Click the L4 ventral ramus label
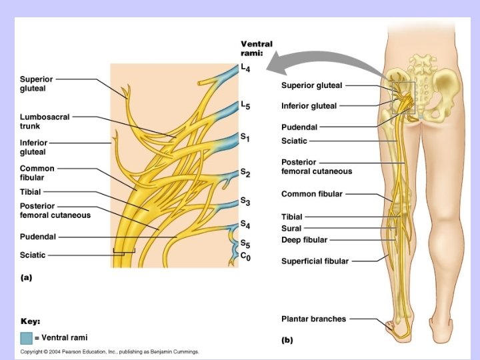click(245, 69)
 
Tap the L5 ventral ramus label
click(245, 106)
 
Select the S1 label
click(245, 137)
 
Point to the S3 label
click(245, 201)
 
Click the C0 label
click(245, 256)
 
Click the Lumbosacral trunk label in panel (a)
click(44, 121)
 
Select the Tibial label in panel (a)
click(31, 192)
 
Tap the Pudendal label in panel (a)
click(38, 236)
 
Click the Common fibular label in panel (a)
click(37, 173)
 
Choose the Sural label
click(291, 228)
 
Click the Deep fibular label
click(304, 240)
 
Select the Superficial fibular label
click(315, 261)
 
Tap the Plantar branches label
click(313, 319)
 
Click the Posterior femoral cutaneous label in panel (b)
click(316, 167)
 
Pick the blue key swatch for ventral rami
click(26, 337)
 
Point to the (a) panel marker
click(26, 277)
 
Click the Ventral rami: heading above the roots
click(256, 49)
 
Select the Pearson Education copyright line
click(109, 351)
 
